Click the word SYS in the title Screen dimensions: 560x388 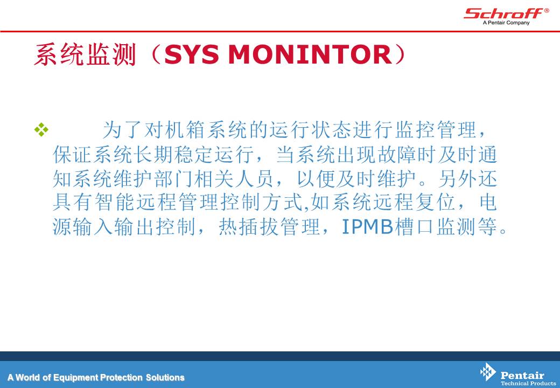tap(192, 54)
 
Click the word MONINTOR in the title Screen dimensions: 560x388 tap(310, 54)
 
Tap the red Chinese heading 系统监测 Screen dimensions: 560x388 tap(86, 54)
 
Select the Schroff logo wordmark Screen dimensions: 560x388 tap(503, 13)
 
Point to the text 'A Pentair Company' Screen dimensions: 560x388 tap(506, 23)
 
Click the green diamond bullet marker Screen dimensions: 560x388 tap(41, 129)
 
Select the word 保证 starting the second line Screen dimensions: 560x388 tap(73, 154)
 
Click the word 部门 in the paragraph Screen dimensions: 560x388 tap(174, 178)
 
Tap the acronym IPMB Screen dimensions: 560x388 tap(367, 226)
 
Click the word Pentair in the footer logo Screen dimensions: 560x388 tap(522, 375)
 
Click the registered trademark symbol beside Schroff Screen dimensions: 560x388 tap(547, 11)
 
